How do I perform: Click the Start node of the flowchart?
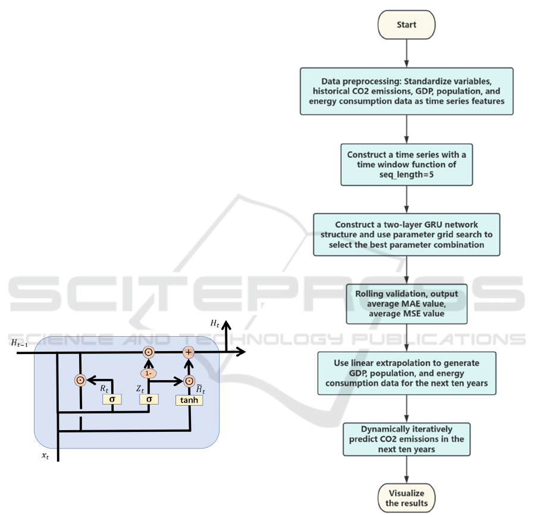coord(406,25)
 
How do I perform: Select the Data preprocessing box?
coord(406,91)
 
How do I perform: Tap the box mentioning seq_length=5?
coord(406,164)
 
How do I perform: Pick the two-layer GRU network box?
coord(406,235)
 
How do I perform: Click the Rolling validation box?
coord(406,303)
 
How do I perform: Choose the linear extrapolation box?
coord(406,373)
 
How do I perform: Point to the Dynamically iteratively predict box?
coord(406,439)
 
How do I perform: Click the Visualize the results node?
coord(406,499)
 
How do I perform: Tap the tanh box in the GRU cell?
coord(189,400)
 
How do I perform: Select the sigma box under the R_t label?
coord(112,399)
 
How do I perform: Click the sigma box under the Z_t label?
coord(148,399)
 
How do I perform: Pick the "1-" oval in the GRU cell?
coord(148,373)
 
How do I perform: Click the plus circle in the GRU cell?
coord(189,353)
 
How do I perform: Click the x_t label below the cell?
coord(45,455)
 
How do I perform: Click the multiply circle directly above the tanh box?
coord(189,381)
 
